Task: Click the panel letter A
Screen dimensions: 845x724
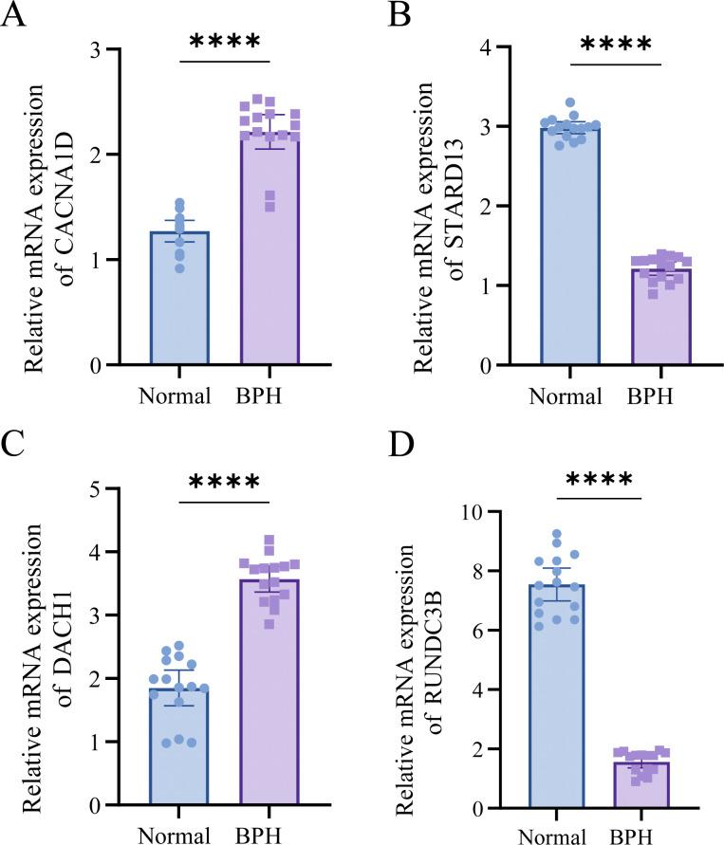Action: pos(12,16)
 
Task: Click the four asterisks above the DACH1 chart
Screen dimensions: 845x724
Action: pos(224,483)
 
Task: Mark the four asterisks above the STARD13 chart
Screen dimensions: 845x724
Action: pos(616,46)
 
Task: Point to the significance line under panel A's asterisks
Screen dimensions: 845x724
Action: pos(224,64)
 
